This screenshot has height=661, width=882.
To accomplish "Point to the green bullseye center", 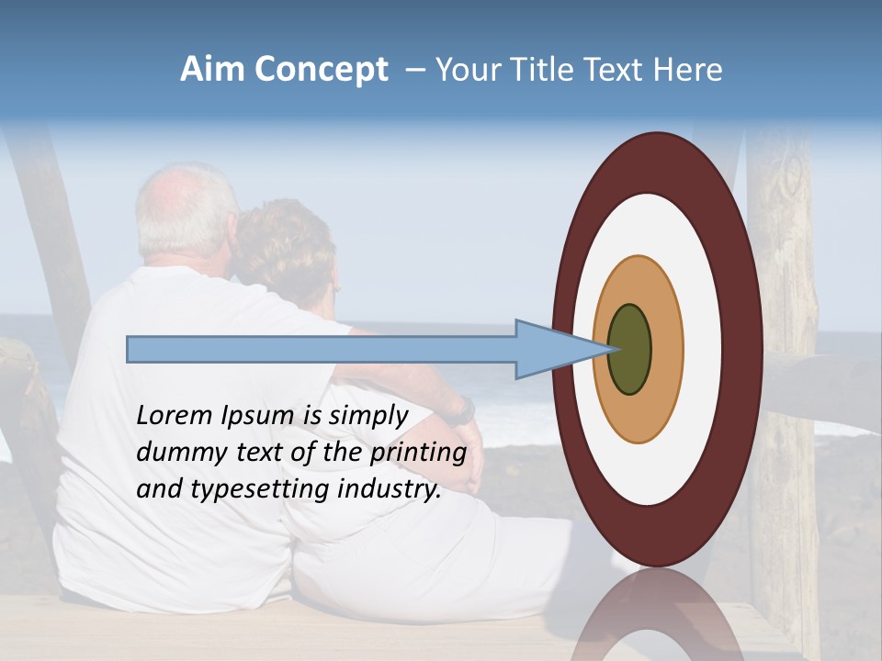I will (629, 349).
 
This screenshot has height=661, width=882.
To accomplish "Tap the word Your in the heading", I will (465, 70).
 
